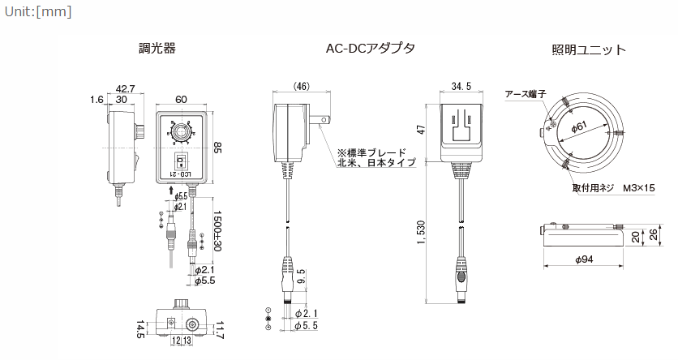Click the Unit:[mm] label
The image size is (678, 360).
pyautogui.click(x=37, y=12)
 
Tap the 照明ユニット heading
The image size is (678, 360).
pyautogui.click(x=589, y=49)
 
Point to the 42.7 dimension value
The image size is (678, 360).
pyautogui.click(x=125, y=88)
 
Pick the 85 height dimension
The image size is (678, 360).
pyautogui.click(x=217, y=147)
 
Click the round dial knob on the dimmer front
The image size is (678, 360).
pyautogui.click(x=180, y=131)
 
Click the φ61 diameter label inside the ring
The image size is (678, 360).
pyautogui.click(x=580, y=126)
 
